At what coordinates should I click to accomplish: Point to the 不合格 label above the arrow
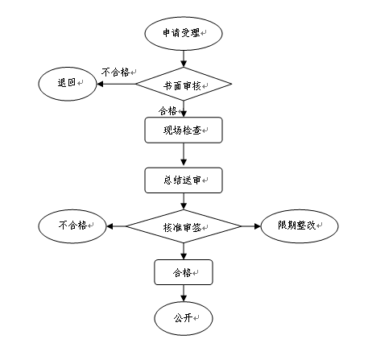tap(116, 72)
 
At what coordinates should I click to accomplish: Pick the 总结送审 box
tap(183, 180)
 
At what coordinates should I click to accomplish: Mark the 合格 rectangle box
tap(183, 272)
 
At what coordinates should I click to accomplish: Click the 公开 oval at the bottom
tap(183, 317)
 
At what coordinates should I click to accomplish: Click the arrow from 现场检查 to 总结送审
tap(184, 155)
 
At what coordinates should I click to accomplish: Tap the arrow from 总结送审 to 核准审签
tap(184, 201)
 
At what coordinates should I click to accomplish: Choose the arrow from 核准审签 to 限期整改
tap(248, 226)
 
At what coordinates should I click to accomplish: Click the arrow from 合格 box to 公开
tap(184, 292)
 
